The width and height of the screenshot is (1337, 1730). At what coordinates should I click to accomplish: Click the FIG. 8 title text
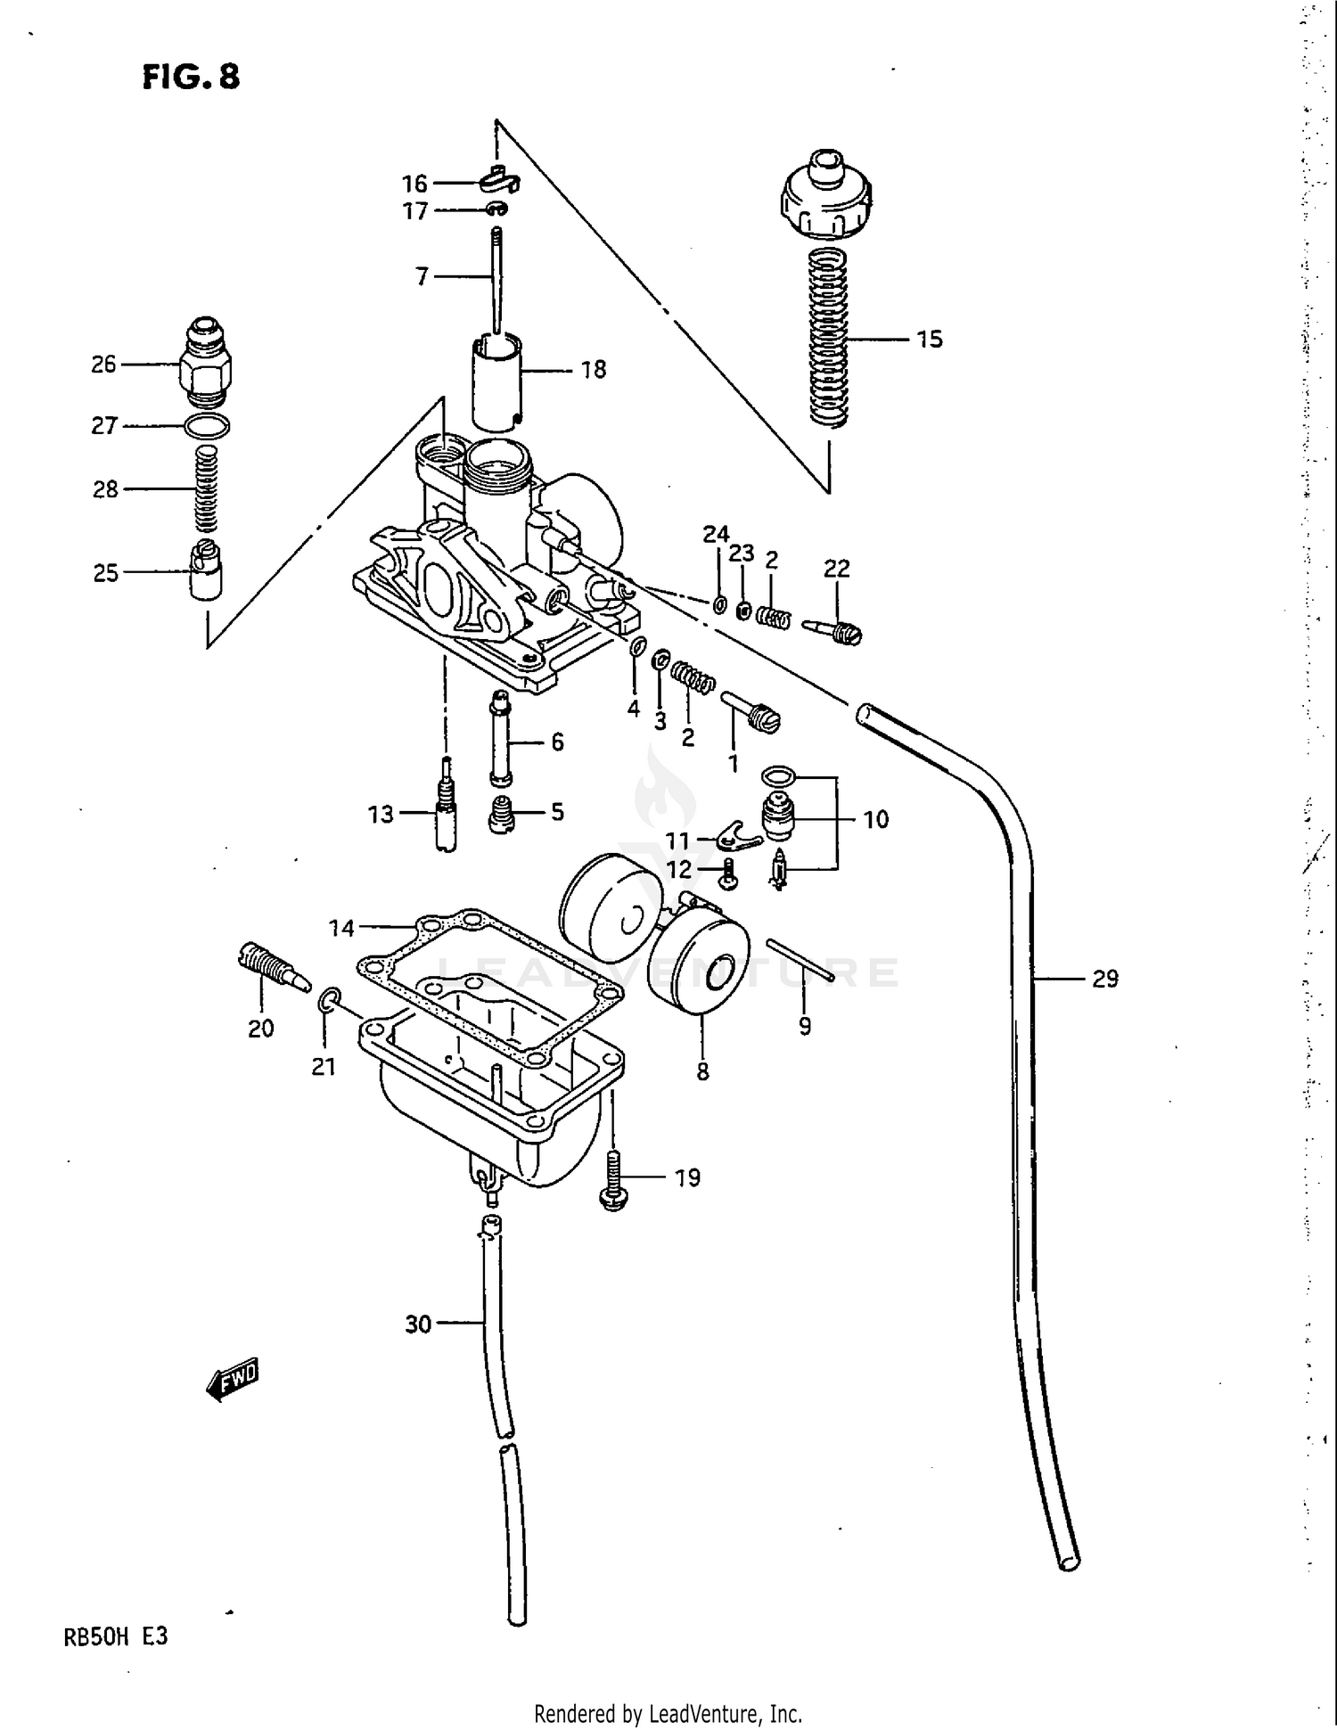191,77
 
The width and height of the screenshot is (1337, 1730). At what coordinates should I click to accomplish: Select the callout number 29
1104,979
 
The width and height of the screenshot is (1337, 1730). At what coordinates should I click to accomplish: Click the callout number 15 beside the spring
929,339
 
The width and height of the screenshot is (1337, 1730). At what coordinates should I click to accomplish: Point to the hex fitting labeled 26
204,363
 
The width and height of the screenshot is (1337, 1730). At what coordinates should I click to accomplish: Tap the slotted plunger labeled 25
206,570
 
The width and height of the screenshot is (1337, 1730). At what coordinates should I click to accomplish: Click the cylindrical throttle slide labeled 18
496,379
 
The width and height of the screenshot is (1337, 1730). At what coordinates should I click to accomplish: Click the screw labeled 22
833,631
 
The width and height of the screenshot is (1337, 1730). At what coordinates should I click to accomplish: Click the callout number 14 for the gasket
341,928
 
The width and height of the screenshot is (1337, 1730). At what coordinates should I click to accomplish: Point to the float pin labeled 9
799,959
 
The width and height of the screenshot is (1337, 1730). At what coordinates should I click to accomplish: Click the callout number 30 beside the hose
418,1324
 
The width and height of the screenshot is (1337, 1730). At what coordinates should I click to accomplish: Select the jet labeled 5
502,813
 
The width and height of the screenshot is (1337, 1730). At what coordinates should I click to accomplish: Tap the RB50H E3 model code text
115,1636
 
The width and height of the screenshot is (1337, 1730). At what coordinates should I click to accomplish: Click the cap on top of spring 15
825,196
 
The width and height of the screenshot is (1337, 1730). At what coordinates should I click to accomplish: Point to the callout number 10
875,819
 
